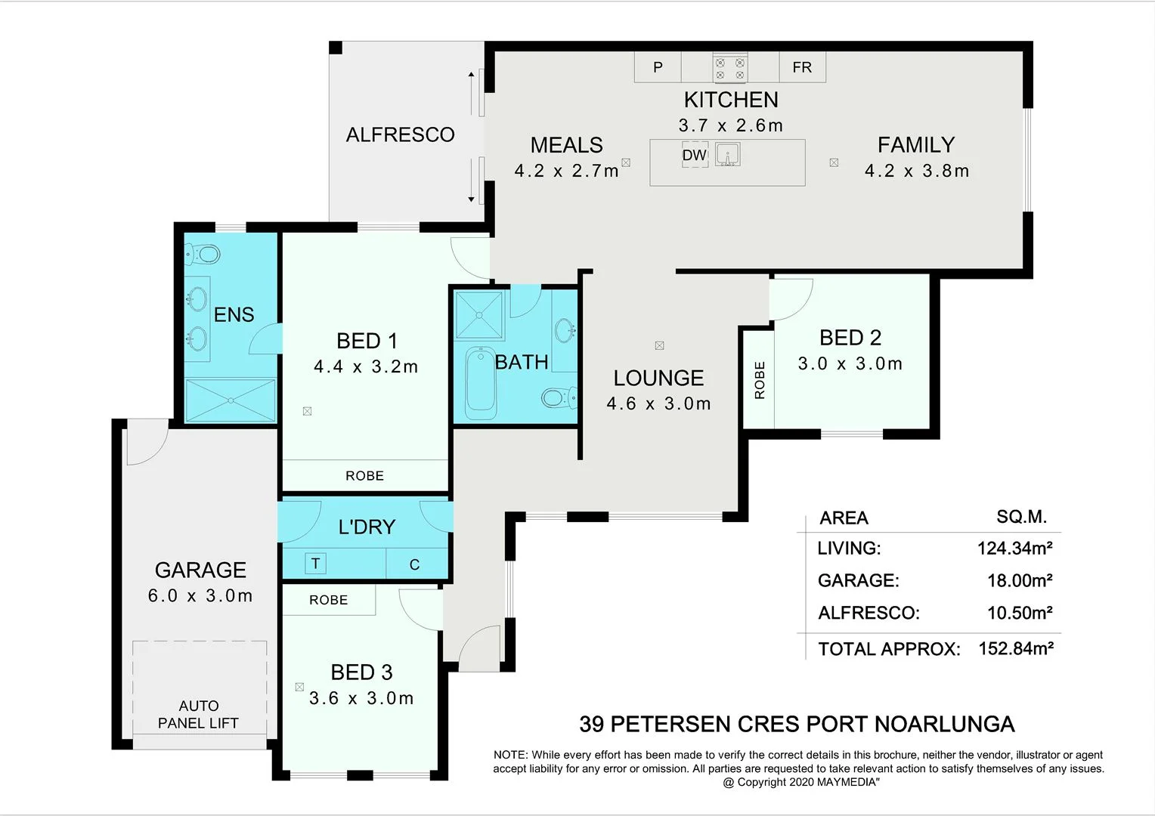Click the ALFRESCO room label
400,134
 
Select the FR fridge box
802,67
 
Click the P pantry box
658,67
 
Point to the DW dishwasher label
694,155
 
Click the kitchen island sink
727,154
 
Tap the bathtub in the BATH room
480,382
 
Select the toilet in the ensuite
203,254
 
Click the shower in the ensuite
231,400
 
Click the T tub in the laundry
315,563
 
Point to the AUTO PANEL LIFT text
198,714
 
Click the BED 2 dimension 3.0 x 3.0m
850,363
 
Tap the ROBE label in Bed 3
328,600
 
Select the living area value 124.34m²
1014,548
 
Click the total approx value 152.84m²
1015,648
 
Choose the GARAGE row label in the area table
858,580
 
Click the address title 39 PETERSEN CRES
796,724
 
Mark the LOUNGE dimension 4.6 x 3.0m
658,403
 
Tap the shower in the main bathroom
478,315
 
